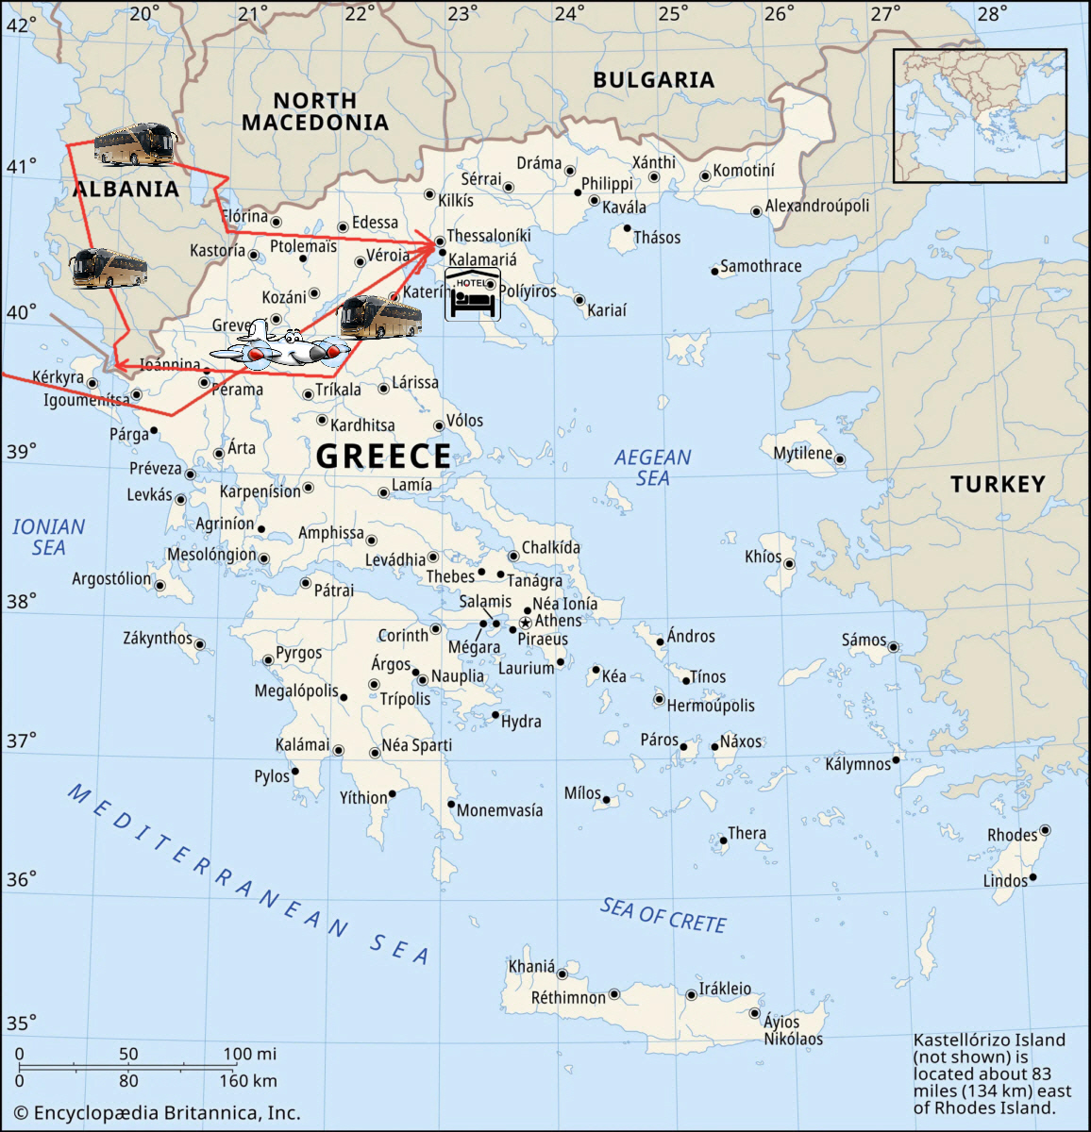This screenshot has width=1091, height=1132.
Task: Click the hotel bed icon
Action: coord(472,294)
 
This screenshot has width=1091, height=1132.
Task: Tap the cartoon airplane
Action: coord(279,345)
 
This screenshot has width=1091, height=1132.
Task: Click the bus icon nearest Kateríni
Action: coord(380,317)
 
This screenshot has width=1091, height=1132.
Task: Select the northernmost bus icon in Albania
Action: coord(134,144)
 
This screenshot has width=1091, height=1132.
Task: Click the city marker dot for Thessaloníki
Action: coord(439,241)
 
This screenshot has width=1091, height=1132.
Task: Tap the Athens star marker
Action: coord(526,623)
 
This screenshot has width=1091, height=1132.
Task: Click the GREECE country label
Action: coord(383,456)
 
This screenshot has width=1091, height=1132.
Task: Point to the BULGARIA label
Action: coord(653,80)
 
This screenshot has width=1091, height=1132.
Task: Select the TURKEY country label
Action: coord(998,484)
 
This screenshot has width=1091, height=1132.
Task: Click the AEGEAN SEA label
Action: coord(652,467)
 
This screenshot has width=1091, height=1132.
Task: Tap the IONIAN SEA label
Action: coord(48,537)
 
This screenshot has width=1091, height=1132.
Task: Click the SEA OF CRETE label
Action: coord(663,915)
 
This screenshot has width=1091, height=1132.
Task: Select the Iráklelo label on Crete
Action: coord(725,988)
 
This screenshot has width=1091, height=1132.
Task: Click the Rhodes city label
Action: coord(1012,835)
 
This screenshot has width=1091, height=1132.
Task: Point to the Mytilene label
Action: coord(802,453)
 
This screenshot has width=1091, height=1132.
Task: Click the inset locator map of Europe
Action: coord(980,115)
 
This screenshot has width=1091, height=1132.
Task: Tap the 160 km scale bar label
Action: coord(248,1080)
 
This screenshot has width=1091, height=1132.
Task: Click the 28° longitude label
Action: coord(992,13)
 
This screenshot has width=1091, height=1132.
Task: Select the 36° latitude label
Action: coord(21,879)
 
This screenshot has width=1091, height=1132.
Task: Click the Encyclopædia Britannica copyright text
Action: coord(157,1113)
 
